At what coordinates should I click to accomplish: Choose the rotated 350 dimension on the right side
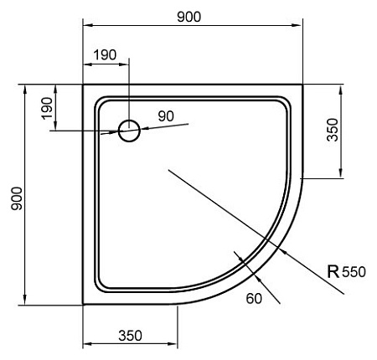[x=332, y=131]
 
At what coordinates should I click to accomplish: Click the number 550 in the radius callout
[x=354, y=270]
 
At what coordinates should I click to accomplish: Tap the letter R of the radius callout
[x=333, y=270]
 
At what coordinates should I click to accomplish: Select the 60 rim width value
[x=254, y=296]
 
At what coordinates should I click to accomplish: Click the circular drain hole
[x=129, y=131]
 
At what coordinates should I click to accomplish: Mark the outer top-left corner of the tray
[x=83, y=85]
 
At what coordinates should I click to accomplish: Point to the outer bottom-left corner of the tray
[x=83, y=305]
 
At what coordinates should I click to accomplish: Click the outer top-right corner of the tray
[x=302, y=85]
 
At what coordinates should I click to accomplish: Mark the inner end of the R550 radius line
[x=168, y=170]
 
